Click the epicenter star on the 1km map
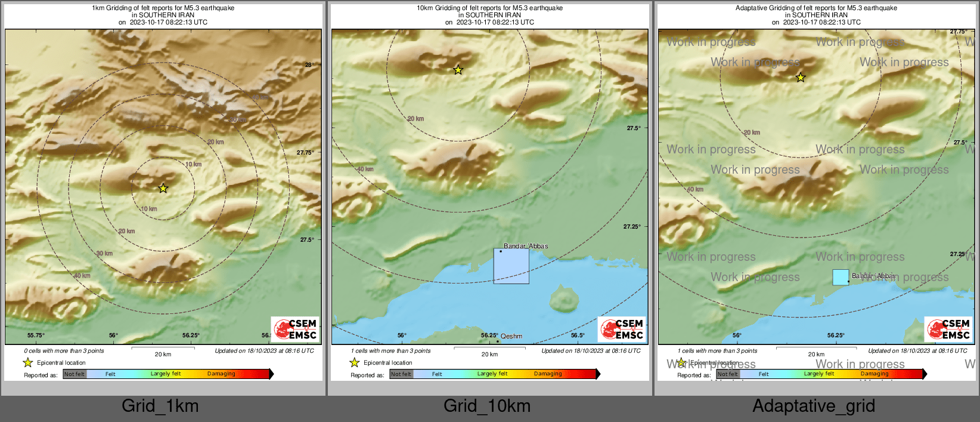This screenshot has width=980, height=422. tap(163, 188)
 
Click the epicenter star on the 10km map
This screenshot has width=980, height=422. tap(458, 70)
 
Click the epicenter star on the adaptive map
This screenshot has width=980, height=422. tap(801, 78)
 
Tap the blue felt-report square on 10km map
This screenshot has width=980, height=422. tap(511, 266)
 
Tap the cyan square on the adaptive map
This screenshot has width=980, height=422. tap(841, 277)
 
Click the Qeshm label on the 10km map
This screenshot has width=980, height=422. tap(511, 336)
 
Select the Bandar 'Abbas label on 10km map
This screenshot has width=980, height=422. tap(526, 246)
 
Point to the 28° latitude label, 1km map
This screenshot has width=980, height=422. tap(309, 64)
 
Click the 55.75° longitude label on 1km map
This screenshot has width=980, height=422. tap(36, 335)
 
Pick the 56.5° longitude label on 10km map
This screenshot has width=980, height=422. tap(578, 335)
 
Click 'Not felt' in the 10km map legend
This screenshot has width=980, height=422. tap(401, 374)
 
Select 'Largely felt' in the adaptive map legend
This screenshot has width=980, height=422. tap(819, 374)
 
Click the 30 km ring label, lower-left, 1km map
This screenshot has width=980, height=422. tap(104, 254)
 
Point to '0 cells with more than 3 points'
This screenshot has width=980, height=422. tap(64, 351)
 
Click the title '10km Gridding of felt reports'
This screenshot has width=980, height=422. tap(489, 8)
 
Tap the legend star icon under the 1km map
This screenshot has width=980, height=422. tap(27, 362)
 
